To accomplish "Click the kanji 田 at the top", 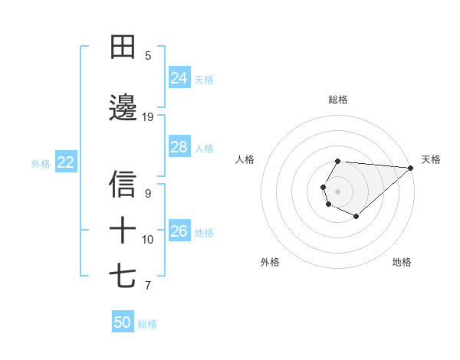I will [x=123, y=47].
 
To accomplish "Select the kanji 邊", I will [x=123, y=108].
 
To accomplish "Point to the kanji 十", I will [x=123, y=230].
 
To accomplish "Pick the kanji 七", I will [x=123, y=276].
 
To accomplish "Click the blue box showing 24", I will [x=179, y=78].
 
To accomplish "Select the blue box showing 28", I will [x=179, y=147].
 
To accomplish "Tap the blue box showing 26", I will [x=179, y=231].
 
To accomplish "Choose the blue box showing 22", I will [x=66, y=162].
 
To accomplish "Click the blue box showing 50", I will [x=123, y=322].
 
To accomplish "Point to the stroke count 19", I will [x=148, y=117].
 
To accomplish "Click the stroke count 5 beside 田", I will [x=148, y=56].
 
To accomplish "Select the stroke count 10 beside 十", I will [x=148, y=240].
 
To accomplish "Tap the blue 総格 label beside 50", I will [x=147, y=324].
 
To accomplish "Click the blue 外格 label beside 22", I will [x=41, y=163].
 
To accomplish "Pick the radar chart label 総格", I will [x=338, y=100].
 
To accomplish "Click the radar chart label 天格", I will [x=431, y=159].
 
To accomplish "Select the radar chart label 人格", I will [x=245, y=159].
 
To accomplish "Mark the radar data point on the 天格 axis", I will [x=411, y=168].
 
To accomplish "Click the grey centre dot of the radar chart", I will [x=337, y=190].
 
